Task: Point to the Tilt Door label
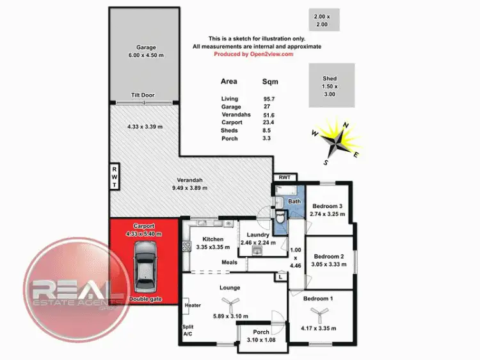coord(143,95)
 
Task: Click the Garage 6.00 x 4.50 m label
coord(146,51)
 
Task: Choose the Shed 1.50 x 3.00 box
coord(330,86)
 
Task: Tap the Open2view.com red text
coord(253,54)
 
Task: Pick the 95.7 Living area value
coord(269,99)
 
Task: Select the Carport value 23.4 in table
coord(269,122)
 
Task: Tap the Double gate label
coord(144,300)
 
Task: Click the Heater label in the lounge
coord(192,306)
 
